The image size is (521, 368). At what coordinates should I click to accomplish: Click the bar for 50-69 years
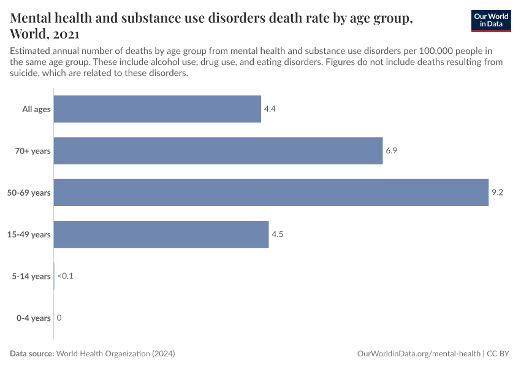tap(271, 193)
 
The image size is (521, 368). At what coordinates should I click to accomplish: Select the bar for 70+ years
tap(218, 151)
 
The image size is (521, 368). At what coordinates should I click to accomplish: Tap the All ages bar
tap(158, 109)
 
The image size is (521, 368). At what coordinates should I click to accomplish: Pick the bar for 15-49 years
tap(161, 234)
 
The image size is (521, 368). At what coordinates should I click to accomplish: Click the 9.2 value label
tap(497, 193)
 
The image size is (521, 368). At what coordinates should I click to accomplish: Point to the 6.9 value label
tap(392, 151)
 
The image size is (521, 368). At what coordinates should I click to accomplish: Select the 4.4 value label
tap(270, 109)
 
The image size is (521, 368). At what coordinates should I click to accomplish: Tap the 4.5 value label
tap(278, 234)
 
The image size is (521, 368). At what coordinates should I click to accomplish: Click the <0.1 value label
tap(65, 276)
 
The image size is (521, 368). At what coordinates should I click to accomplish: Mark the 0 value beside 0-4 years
tap(59, 318)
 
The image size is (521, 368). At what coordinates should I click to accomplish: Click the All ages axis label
tap(36, 109)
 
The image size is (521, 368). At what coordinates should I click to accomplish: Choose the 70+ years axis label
tap(33, 151)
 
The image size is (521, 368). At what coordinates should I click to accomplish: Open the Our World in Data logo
tap(490, 21)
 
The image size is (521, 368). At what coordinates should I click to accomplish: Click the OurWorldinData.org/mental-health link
tap(419, 354)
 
